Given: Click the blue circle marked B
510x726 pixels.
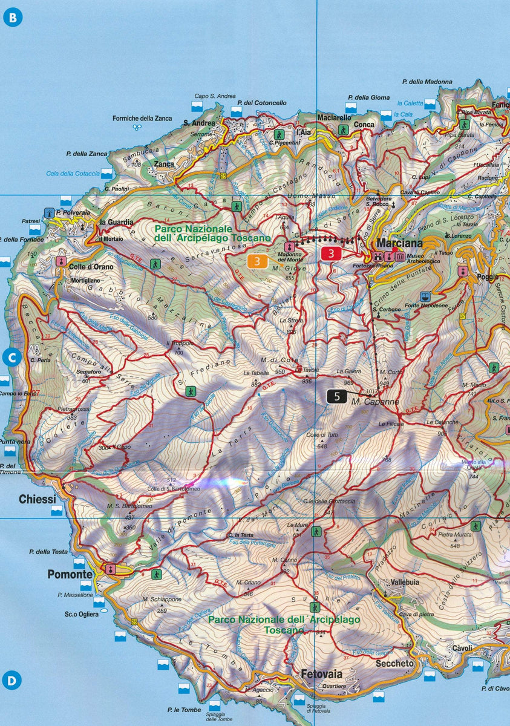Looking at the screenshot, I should (12, 16).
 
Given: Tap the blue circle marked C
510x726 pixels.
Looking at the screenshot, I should (12, 358).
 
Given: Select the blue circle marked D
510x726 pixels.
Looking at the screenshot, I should (12, 679).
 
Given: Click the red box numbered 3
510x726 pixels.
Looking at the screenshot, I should (332, 254).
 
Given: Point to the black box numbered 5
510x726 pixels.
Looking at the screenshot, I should (337, 397).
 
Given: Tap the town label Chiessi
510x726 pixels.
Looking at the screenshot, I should (38, 499).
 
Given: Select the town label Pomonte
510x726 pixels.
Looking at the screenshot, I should (70, 574).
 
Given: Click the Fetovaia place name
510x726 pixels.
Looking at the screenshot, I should (321, 674).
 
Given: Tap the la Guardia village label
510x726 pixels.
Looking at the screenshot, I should (116, 222).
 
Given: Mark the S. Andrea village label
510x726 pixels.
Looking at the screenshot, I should (199, 123).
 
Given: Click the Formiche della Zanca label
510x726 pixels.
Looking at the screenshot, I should (142, 119).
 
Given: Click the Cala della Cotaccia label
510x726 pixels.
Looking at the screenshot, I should (73, 174).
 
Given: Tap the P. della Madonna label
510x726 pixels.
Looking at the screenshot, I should (427, 82).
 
